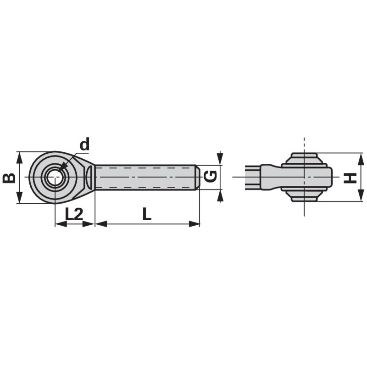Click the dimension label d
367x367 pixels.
coord(84,145)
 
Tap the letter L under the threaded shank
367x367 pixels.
coord(146,214)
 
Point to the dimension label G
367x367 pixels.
coord(210,177)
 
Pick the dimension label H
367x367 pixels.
coord(350,177)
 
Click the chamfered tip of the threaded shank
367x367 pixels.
coord(198,177)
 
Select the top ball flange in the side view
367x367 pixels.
coord(304,158)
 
